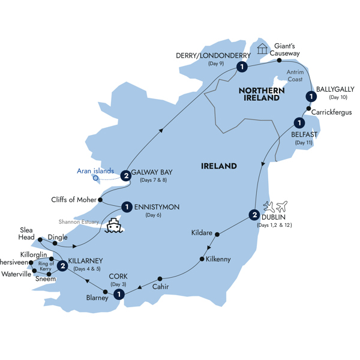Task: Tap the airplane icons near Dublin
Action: coord(276,207)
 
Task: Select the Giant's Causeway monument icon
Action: coord(262,49)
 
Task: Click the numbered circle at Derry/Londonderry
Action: coord(241,67)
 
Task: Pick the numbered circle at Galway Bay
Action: coord(125,176)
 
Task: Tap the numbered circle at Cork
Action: coord(119,294)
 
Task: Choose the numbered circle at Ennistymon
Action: coord(127,207)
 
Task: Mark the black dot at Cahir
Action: coord(160,279)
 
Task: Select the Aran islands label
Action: coord(95,171)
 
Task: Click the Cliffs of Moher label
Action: coord(71,200)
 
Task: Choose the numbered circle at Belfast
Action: coord(298,123)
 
